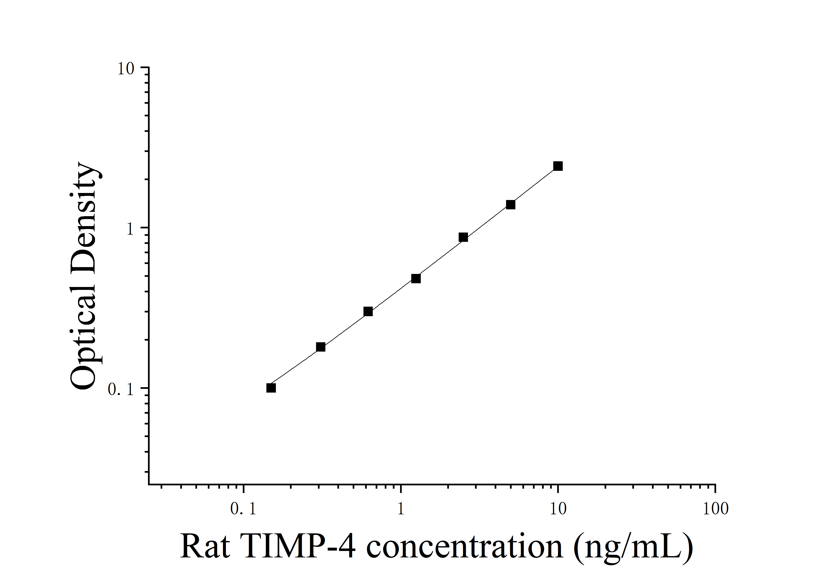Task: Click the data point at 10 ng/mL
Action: tap(558, 166)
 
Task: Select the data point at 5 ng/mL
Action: tap(510, 205)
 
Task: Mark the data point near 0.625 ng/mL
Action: tap(368, 312)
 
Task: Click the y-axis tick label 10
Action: tap(126, 69)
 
